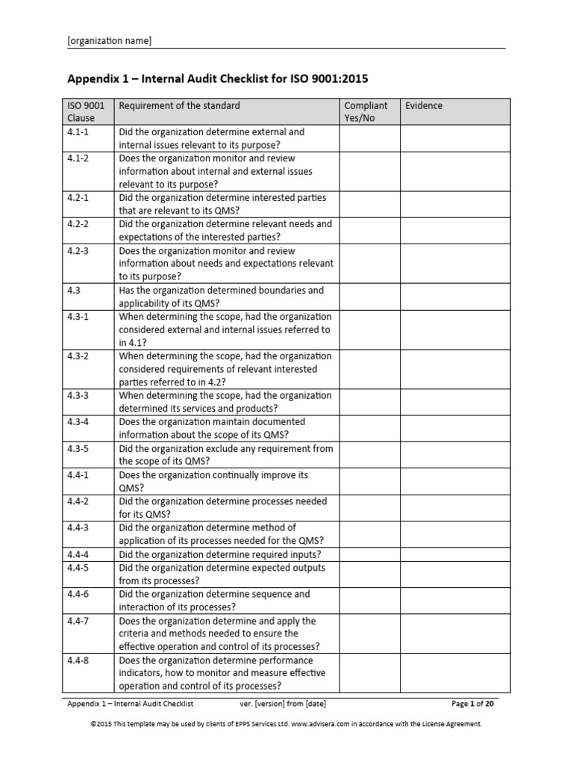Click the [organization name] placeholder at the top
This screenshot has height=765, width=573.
coord(110,41)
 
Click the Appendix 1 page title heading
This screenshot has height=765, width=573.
coord(218,78)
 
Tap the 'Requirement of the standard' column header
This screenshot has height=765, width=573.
coord(180,106)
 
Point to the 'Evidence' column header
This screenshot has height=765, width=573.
coord(424,106)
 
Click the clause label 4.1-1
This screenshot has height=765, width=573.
coord(78,132)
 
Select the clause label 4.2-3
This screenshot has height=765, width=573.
coord(78,251)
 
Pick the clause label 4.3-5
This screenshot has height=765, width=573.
coord(78,449)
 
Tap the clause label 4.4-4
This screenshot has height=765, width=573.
coord(78,555)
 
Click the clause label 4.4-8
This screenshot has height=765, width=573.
coord(78,661)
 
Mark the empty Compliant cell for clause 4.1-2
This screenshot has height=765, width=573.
coord(369,172)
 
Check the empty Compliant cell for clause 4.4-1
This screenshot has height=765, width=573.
coord(369,482)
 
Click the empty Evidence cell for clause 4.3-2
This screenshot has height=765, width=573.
coord(454,369)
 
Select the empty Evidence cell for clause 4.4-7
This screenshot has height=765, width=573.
coord(454,634)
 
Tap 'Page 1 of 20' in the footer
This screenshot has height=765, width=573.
coord(472,704)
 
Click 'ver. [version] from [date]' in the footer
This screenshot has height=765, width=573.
coord(282,704)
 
